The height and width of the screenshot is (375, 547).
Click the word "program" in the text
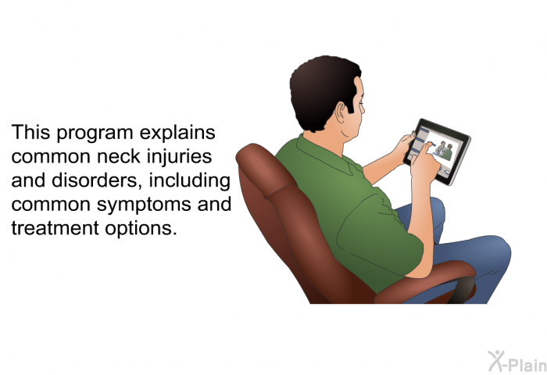(x=95, y=134)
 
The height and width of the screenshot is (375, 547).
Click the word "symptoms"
(x=144, y=205)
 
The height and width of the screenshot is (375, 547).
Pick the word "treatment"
(x=55, y=228)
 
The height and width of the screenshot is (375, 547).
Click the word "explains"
(x=177, y=134)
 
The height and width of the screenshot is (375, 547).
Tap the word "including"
(x=189, y=181)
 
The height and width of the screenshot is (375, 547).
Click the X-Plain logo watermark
(x=517, y=361)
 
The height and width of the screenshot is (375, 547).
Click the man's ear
(x=341, y=112)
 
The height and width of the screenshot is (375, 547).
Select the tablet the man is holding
(x=437, y=152)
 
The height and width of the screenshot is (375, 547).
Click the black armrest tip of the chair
(x=463, y=290)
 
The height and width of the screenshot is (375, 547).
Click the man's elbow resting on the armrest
(x=419, y=270)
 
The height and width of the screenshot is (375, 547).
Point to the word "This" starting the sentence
(x=30, y=132)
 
